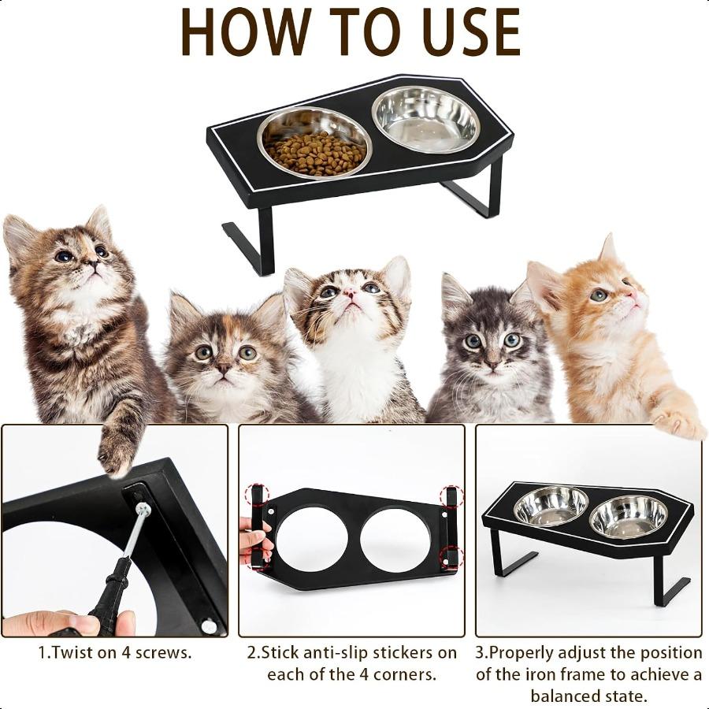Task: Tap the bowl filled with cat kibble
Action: click(315, 145)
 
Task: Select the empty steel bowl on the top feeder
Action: click(425, 119)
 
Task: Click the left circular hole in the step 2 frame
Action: click(312, 540)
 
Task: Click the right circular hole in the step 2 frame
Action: click(395, 540)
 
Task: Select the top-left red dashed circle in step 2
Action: click(257, 496)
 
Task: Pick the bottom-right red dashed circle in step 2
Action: click(451, 558)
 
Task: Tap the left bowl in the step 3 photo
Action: click(551, 506)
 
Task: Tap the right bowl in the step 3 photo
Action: click(628, 517)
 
